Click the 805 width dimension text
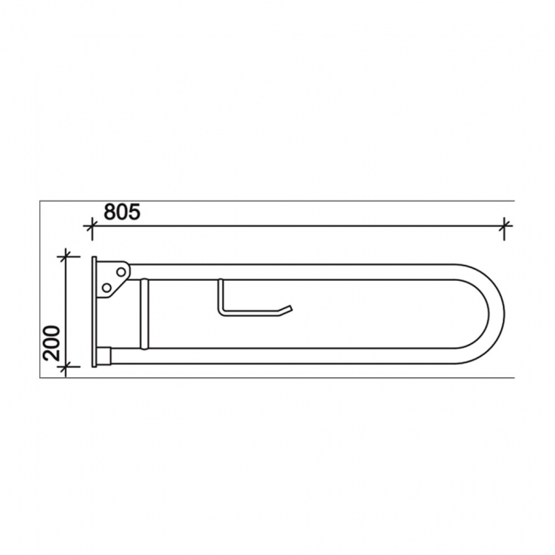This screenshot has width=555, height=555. (122, 211)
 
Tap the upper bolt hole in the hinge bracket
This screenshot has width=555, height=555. (120, 272)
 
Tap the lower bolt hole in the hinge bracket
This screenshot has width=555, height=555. (107, 288)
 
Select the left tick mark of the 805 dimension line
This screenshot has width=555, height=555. (91, 226)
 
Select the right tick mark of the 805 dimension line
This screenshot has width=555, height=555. (505, 226)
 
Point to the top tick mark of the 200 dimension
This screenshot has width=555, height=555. (65, 255)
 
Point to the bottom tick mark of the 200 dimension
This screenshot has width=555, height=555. (65, 366)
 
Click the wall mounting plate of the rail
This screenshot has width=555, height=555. (94, 313)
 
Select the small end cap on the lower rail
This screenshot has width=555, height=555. (105, 354)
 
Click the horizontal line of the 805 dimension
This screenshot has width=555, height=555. (299, 226)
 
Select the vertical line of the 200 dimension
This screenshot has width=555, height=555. (65, 312)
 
